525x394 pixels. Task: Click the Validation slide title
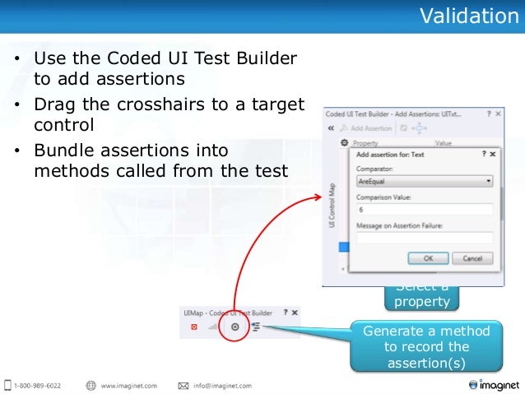(470, 16)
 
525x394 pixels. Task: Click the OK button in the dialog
(428, 257)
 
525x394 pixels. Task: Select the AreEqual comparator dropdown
(425, 180)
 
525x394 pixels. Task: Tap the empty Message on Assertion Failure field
(425, 238)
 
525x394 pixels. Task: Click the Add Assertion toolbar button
(371, 128)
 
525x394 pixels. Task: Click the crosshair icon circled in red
(235, 327)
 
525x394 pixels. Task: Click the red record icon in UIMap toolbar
(194, 327)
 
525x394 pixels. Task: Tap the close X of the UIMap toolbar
(295, 313)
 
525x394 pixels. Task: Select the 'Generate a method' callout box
(425, 347)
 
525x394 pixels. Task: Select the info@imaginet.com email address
(221, 385)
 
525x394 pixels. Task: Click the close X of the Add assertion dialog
(492, 153)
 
